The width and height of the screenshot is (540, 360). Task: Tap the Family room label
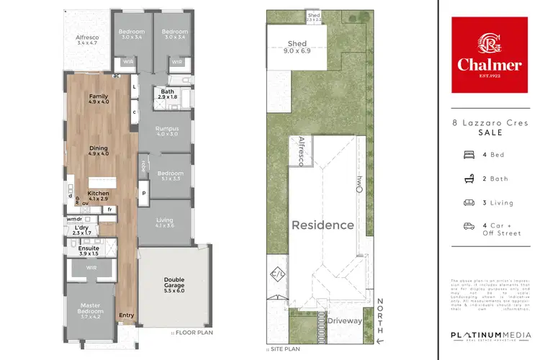point(98,99)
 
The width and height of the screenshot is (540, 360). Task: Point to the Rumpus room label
point(166,131)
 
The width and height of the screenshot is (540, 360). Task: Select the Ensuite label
point(78,251)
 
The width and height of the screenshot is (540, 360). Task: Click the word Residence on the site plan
point(323,225)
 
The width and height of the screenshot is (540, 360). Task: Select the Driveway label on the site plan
point(344,321)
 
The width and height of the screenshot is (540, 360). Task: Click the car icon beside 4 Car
point(468,226)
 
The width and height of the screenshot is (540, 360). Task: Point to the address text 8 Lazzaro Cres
point(490,125)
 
